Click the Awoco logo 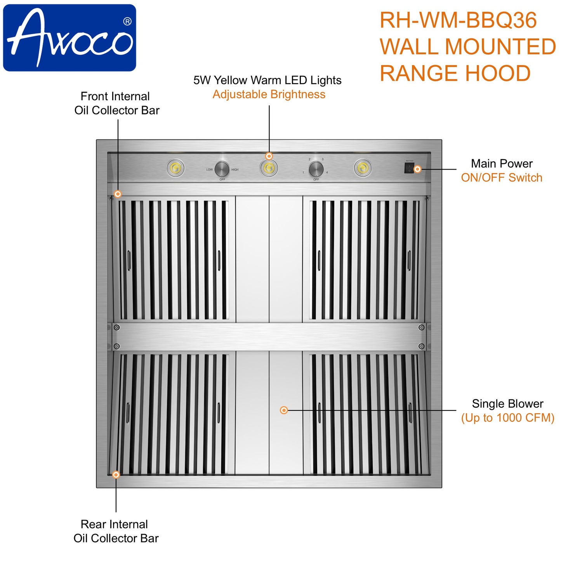tap(69, 38)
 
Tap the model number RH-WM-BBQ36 tap(458, 20)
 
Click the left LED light tap(175, 168)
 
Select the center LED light tap(269, 168)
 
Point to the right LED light tap(362, 168)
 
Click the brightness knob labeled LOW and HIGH tap(222, 169)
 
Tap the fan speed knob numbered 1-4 tap(316, 169)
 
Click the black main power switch tap(409, 168)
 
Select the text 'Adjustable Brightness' tap(269, 94)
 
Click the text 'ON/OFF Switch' tap(501, 178)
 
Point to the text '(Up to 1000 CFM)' tap(507, 418)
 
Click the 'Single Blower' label tap(507, 404)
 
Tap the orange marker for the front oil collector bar tap(118, 194)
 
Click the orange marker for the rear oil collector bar tap(116, 474)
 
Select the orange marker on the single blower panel tap(284, 410)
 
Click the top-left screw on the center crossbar tap(116, 328)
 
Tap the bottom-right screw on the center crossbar tap(421, 346)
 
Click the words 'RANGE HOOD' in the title tap(455, 73)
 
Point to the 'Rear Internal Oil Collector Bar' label tap(116, 531)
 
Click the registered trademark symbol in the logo tap(127, 22)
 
